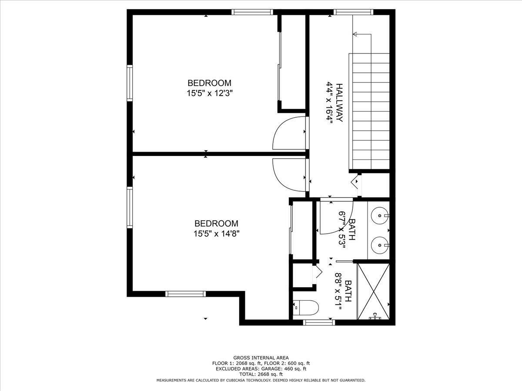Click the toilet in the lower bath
[x=306, y=308]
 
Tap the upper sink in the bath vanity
[x=380, y=215]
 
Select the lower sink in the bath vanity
[x=380, y=245]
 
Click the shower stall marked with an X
[x=374, y=291]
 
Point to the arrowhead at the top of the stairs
[x=355, y=34]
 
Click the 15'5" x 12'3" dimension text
[x=210, y=93]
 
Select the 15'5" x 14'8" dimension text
[x=216, y=234]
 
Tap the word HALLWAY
[x=339, y=103]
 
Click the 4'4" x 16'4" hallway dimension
[x=329, y=103]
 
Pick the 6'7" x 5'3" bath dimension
[x=342, y=230]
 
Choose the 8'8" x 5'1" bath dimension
[x=338, y=291]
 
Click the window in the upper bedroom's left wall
[x=130, y=83]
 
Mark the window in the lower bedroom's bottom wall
[x=186, y=294]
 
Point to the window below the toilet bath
[x=319, y=322]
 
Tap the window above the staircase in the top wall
[x=353, y=12]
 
